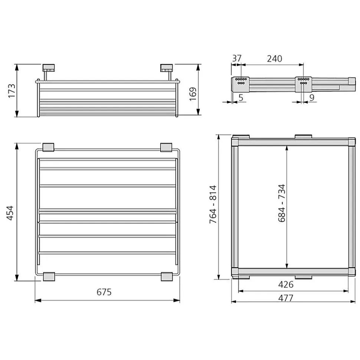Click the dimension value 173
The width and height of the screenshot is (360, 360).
(x=12, y=91)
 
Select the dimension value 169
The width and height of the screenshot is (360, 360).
(x=193, y=94)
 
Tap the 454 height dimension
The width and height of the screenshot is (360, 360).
(x=10, y=213)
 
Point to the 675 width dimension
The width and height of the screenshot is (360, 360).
(x=104, y=292)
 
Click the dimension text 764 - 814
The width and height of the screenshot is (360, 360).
(x=213, y=204)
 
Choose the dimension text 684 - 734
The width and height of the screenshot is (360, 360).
(x=282, y=203)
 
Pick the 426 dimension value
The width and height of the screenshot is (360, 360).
(x=286, y=285)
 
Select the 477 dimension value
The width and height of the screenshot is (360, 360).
(x=286, y=298)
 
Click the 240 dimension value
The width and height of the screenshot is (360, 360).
(x=275, y=59)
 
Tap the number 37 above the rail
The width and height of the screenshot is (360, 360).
(x=237, y=58)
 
